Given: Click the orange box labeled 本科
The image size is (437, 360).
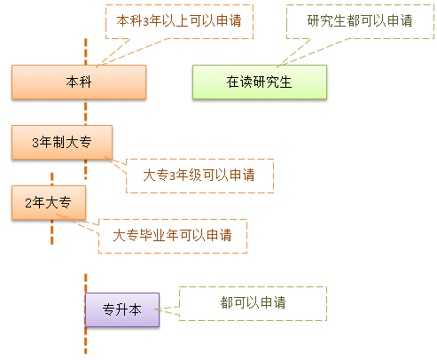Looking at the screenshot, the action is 79,82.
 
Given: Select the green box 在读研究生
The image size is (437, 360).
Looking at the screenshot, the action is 260,82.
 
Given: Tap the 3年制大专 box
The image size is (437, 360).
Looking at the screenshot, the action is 62,142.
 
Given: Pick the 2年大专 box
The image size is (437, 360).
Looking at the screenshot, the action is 49,202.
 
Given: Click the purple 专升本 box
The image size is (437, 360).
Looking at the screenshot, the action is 122,309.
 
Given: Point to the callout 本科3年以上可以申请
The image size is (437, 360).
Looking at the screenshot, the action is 179,21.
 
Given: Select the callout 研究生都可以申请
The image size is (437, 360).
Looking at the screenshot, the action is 360,21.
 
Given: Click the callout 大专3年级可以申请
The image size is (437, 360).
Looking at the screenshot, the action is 199,176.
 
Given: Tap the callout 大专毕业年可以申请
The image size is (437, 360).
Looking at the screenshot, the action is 173,236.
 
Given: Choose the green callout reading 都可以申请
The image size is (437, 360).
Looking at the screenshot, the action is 253,303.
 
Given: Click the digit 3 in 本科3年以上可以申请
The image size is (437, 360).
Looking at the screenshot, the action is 146,21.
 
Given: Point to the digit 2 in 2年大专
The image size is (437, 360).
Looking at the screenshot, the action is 28,203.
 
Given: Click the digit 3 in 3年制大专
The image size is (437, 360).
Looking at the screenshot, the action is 35,143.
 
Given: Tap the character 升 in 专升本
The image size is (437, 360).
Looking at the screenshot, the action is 121,309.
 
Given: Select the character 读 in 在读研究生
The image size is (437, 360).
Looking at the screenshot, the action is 246,82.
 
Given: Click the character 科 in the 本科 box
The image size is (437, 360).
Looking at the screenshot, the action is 85,82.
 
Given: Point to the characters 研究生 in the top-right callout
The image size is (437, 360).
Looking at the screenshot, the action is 326,20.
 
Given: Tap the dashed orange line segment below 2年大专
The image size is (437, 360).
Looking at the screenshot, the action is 52,231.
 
